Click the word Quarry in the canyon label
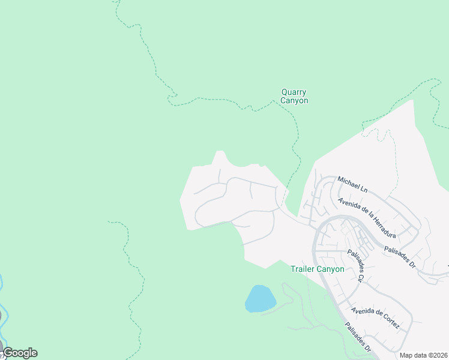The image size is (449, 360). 294,92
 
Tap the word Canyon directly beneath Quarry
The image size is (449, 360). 294,101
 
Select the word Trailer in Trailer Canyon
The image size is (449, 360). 303,269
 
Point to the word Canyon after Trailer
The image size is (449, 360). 331,269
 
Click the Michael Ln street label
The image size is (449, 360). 352,184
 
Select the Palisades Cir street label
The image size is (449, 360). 356,266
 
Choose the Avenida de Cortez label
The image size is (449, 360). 376,318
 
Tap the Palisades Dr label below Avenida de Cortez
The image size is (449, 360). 358,340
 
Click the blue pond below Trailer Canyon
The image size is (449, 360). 260,298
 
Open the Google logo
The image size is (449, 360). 20,353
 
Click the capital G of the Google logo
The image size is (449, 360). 8,353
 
